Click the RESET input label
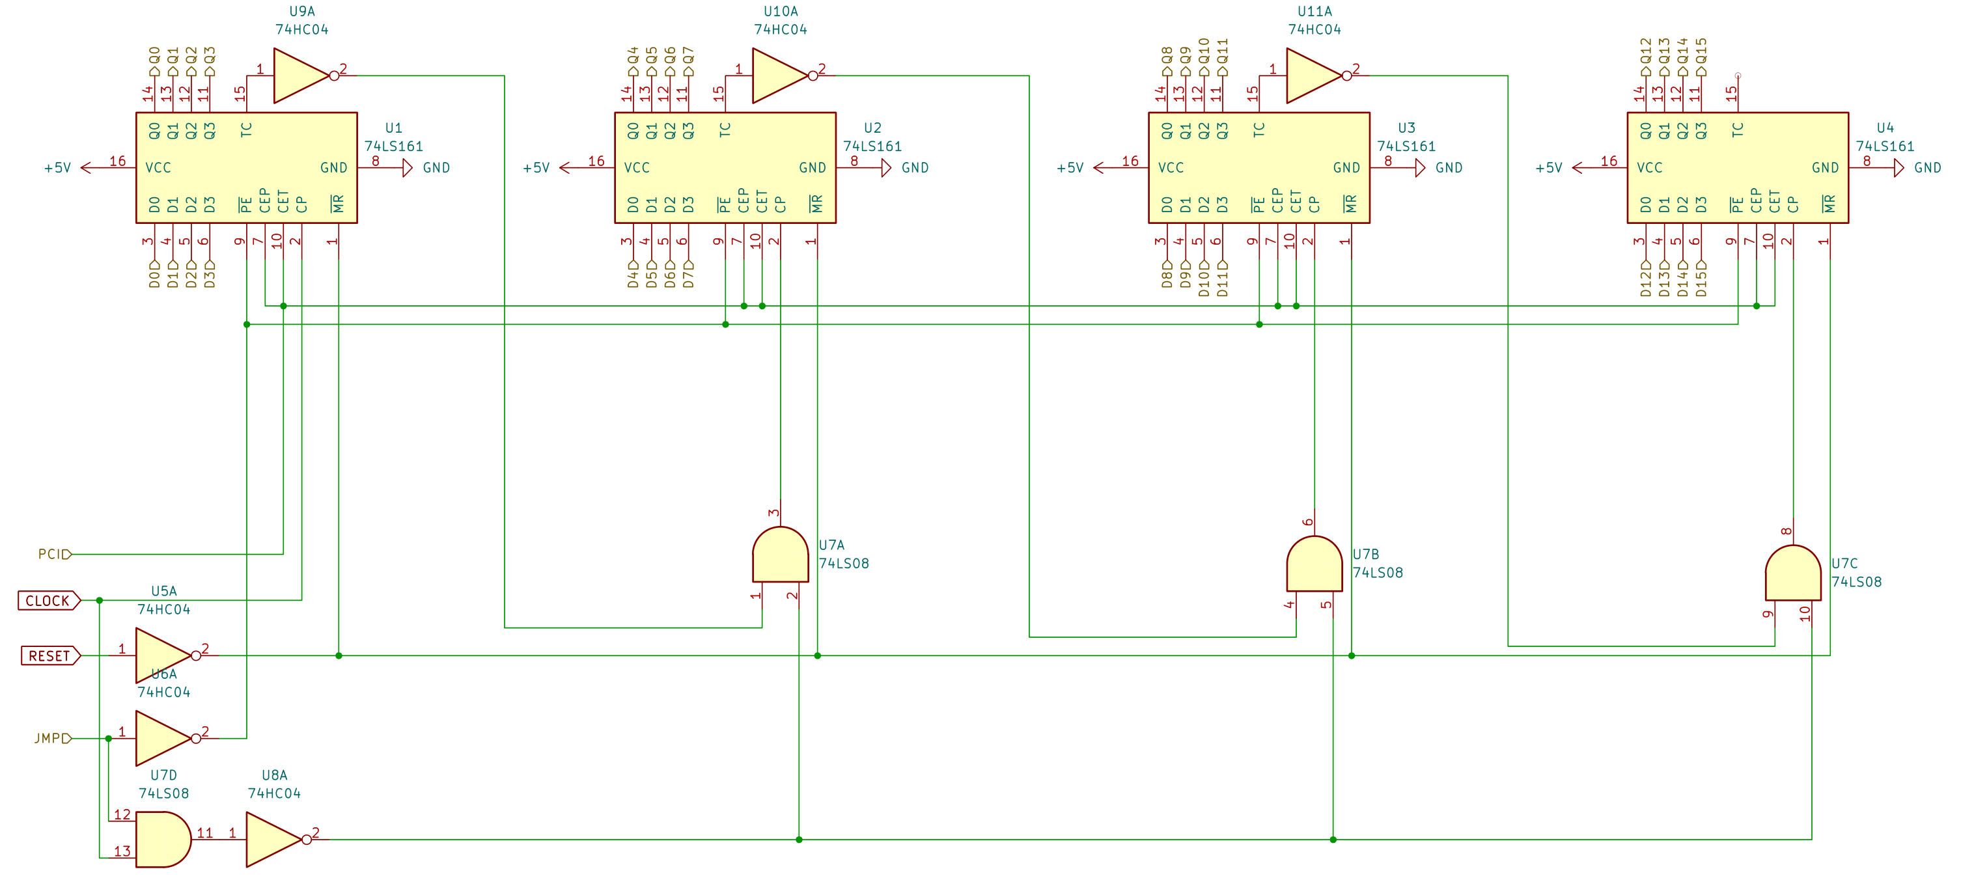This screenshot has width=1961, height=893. click(x=49, y=655)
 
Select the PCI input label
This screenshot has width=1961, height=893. click(x=53, y=555)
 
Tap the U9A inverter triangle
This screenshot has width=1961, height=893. click(x=299, y=76)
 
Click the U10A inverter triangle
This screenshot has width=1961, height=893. click(x=778, y=76)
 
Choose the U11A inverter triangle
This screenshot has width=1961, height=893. click(x=1313, y=76)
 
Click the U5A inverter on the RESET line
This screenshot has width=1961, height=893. click(x=162, y=655)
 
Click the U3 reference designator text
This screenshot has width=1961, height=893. click(x=1406, y=128)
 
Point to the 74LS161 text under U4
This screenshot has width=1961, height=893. click(x=1884, y=146)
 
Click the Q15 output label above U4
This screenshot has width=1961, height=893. click(x=1701, y=53)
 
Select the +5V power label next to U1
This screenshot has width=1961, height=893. click(x=57, y=167)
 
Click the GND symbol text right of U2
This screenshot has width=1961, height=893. click(x=915, y=167)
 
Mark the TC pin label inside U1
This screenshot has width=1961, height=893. click(x=246, y=130)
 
